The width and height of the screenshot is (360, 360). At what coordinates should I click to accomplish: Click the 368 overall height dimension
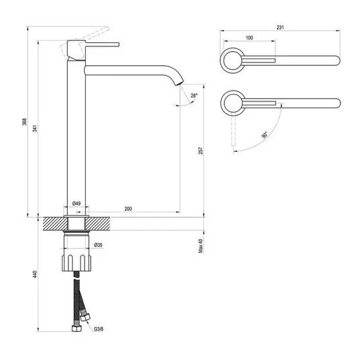[x=24, y=122]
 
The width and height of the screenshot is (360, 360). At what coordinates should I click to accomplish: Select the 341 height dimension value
[x=35, y=128]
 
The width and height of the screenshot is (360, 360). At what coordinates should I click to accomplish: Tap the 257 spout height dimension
[x=201, y=150]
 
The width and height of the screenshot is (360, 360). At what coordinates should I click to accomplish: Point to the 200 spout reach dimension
[x=128, y=209]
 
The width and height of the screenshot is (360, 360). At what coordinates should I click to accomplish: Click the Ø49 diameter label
[x=76, y=204]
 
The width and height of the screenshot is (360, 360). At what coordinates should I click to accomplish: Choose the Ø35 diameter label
[x=98, y=245]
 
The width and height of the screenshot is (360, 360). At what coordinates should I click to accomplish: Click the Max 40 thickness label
[x=201, y=246]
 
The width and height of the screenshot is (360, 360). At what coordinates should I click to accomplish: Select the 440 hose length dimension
[x=35, y=274]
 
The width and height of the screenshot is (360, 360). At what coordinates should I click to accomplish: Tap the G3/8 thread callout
[x=99, y=329]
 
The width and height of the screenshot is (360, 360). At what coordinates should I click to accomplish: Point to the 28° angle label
[x=194, y=95]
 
